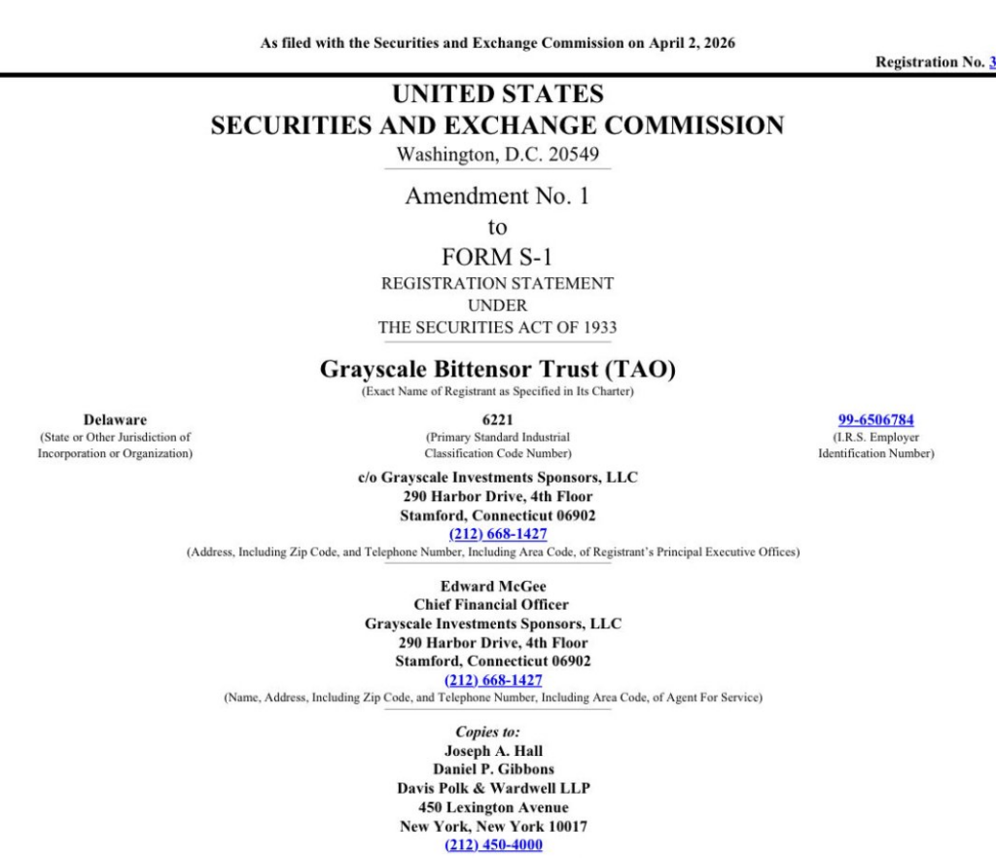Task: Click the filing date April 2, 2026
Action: coord(693,43)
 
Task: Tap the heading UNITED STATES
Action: coord(497,94)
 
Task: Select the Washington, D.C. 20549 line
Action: coord(497,155)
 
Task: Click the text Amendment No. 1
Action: coord(497,196)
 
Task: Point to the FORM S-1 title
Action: coord(497,257)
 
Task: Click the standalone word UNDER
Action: coord(497,305)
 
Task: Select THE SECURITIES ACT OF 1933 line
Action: coord(497,328)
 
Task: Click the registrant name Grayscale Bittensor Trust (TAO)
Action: coord(497,370)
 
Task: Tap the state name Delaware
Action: coord(115,420)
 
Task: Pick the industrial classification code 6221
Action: coord(497,420)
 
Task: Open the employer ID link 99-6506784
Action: coord(875,420)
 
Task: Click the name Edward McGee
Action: coord(493,587)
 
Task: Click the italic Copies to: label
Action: coord(487,732)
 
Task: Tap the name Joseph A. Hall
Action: coord(493,751)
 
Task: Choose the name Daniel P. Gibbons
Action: coord(493,769)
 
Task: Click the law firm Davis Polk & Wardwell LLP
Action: coord(493,788)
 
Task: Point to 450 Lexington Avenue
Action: coord(493,807)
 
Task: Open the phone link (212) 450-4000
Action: coord(493,845)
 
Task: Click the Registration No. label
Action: coord(930,62)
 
